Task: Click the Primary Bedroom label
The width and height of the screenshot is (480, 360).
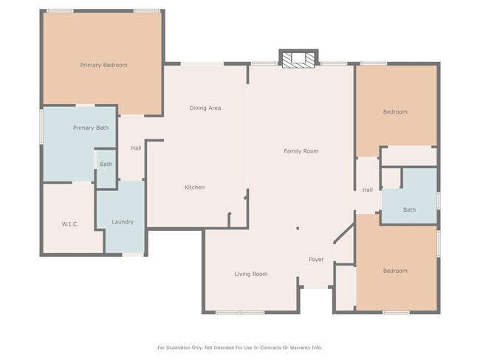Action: coord(103,65)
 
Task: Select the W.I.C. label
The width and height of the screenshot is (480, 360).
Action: coord(69,224)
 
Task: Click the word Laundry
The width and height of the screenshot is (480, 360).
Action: coord(122,222)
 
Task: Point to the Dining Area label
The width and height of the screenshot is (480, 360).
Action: coord(205,108)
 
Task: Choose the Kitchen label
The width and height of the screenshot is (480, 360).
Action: coord(194,187)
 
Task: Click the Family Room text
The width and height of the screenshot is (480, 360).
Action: coord(301,151)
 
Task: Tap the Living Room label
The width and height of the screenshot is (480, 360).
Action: coord(251,274)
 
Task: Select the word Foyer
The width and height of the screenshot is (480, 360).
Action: coord(316,260)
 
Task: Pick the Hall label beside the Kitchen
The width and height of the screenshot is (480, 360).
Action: coord(136,148)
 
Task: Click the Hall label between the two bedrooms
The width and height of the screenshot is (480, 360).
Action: coord(367,190)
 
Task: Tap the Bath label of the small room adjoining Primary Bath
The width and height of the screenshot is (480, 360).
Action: coord(106,165)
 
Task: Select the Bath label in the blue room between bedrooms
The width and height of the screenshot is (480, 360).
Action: coord(409,210)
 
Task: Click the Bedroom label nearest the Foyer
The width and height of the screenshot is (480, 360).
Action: coord(394,271)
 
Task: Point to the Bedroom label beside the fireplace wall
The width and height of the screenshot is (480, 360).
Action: coord(394,112)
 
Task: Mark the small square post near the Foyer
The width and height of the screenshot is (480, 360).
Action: coord(298,229)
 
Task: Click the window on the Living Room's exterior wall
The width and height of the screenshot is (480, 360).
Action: coord(240,313)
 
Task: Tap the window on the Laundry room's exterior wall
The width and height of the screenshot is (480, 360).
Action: coord(133,255)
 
